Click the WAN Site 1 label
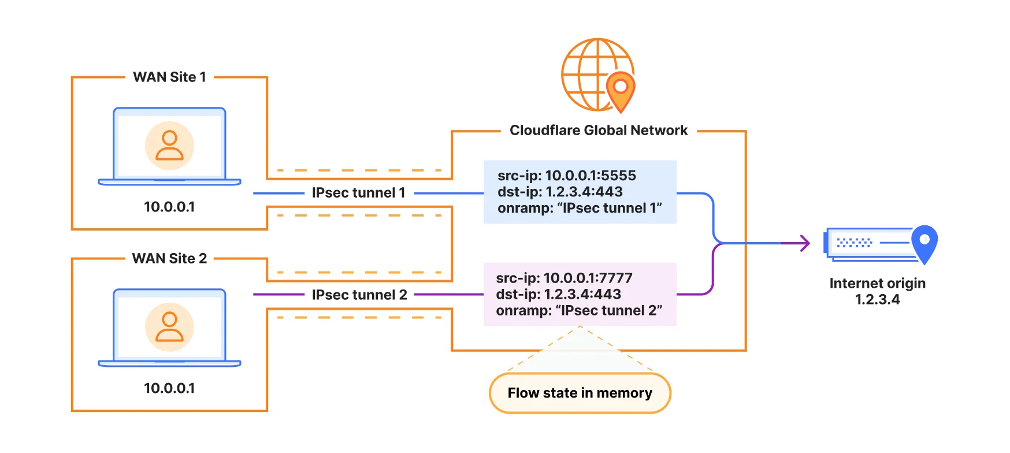pyautogui.click(x=169, y=77)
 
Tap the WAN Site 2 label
pyautogui.click(x=169, y=258)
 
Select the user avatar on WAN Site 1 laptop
pyautogui.click(x=169, y=146)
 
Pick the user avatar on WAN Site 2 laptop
pyautogui.click(x=169, y=327)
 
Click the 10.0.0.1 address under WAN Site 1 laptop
pyautogui.click(x=169, y=207)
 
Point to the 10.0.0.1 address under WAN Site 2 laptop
pyautogui.click(x=169, y=388)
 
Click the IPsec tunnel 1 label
pyautogui.click(x=358, y=193)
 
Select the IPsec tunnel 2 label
pyautogui.click(x=359, y=295)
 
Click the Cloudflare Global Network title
pyautogui.click(x=599, y=131)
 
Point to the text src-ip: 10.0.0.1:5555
pyautogui.click(x=566, y=176)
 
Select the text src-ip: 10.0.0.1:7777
pyautogui.click(x=564, y=278)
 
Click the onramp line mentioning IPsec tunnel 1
pyautogui.click(x=580, y=208)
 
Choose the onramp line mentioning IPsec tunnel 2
pyautogui.click(x=579, y=311)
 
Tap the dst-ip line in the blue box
pyautogui.click(x=560, y=192)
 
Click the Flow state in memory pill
pyautogui.click(x=580, y=393)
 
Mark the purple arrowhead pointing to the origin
pyautogui.click(x=804, y=243)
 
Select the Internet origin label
pyautogui.click(x=877, y=283)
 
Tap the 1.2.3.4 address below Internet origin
pyautogui.click(x=877, y=299)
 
